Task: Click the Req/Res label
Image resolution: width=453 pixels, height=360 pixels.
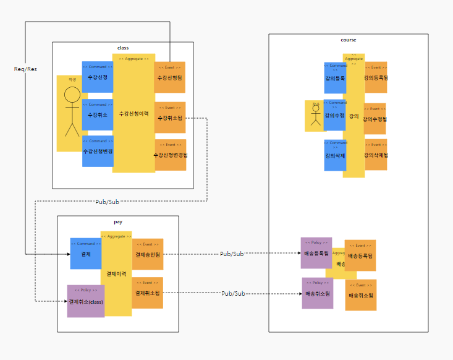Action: pos(25,69)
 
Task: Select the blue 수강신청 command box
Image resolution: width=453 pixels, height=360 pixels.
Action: pos(97,77)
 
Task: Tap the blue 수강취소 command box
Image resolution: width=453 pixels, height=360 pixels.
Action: pos(97,114)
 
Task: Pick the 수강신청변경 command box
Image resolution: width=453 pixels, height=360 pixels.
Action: pos(98,152)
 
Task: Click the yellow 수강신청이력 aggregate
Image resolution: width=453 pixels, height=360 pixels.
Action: pos(133,113)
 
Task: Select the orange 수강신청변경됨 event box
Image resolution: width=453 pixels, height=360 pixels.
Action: pos(170,155)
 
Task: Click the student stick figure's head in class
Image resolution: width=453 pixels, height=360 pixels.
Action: pos(72,95)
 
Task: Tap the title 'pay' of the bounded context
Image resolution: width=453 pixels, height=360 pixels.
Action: pos(118,221)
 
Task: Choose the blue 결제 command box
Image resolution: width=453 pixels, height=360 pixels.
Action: pos(86,254)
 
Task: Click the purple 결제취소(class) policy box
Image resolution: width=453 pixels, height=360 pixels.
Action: pos(86,301)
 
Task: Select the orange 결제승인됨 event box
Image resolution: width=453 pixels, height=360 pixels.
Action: pos(148,254)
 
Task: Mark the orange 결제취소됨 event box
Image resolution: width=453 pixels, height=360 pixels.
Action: pos(148,293)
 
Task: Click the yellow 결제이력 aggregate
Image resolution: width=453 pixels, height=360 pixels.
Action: pos(116,272)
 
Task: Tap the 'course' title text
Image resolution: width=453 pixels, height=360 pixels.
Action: pos(349,40)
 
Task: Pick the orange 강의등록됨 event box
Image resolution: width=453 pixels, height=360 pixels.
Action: pos(376,77)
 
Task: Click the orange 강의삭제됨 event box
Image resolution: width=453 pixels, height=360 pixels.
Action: pos(376,155)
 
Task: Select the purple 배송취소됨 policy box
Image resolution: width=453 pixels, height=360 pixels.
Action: pos(318,293)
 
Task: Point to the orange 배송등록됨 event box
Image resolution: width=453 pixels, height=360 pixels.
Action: pos(360,255)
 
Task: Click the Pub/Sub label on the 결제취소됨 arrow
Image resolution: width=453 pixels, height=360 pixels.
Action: pos(234,293)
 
